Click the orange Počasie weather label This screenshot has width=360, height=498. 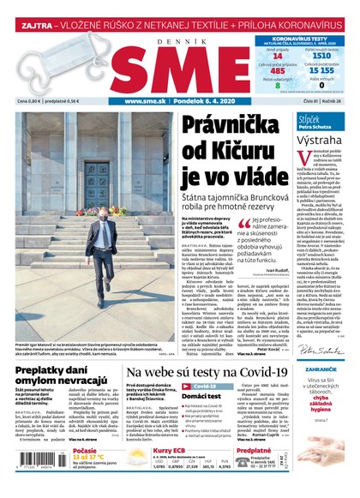pyautogui.click(x=86, y=450)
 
